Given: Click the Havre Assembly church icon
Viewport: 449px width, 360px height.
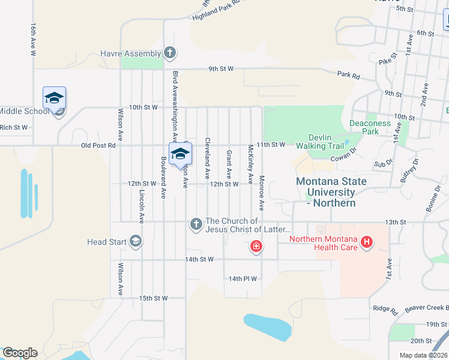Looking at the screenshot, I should [170, 53].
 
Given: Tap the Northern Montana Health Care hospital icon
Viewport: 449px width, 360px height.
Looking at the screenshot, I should [366, 243].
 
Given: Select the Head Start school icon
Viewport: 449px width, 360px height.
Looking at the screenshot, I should [136, 242].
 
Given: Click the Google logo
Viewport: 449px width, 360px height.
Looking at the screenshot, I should [20, 353].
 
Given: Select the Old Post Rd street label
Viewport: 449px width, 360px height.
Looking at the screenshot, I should [98, 145].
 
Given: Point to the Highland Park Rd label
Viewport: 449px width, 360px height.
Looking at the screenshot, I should [216, 10].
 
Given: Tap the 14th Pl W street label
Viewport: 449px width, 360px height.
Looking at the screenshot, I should [243, 278].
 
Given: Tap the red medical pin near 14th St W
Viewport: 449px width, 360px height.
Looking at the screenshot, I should [256, 247].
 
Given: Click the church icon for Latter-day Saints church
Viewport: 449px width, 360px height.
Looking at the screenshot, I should [196, 224].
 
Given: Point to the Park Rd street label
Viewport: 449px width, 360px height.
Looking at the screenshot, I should [348, 76].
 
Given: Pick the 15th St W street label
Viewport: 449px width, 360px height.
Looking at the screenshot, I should [152, 298].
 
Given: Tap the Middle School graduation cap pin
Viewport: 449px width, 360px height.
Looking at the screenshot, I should [54, 98].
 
